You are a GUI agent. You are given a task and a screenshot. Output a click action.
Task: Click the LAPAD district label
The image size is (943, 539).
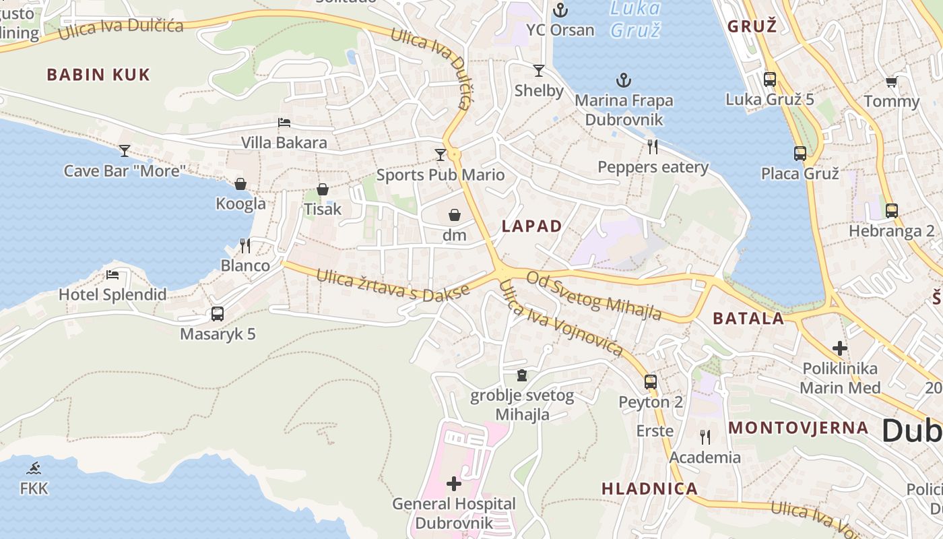[531, 226]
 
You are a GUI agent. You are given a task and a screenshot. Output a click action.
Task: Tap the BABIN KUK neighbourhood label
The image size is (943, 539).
[98, 75]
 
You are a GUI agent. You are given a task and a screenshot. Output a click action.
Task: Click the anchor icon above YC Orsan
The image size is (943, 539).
[560, 10]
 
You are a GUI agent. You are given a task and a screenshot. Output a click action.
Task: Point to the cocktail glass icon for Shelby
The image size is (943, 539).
[539, 71]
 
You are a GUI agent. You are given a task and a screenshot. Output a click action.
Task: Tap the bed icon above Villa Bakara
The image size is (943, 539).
[284, 123]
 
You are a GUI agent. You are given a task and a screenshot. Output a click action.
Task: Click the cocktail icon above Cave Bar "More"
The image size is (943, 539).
[125, 150]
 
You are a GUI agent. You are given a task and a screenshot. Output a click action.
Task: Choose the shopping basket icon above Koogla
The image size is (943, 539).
[240, 184]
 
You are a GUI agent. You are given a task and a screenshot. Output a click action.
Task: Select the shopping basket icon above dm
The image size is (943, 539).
[455, 216]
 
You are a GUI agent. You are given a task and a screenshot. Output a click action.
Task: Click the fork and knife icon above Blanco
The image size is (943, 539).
[245, 246]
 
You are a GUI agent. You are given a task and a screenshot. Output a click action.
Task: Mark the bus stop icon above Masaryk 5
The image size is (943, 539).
[218, 314]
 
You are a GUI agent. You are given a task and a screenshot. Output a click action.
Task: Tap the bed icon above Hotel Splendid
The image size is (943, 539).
[112, 275]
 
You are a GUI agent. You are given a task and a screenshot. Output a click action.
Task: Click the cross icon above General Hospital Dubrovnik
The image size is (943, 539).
[454, 484]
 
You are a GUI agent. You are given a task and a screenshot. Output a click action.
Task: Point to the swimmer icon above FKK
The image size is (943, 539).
[34, 468]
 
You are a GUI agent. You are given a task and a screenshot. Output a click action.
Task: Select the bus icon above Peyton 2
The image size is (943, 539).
[651, 382]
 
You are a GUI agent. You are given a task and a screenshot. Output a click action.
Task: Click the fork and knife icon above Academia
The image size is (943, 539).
[705, 437]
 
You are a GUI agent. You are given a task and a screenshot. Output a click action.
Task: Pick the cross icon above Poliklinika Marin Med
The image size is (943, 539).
[839, 348]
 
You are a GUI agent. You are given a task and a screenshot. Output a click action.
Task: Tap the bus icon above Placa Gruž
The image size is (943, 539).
[800, 154]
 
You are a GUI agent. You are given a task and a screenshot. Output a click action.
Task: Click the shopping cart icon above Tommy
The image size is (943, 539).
[891, 82]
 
